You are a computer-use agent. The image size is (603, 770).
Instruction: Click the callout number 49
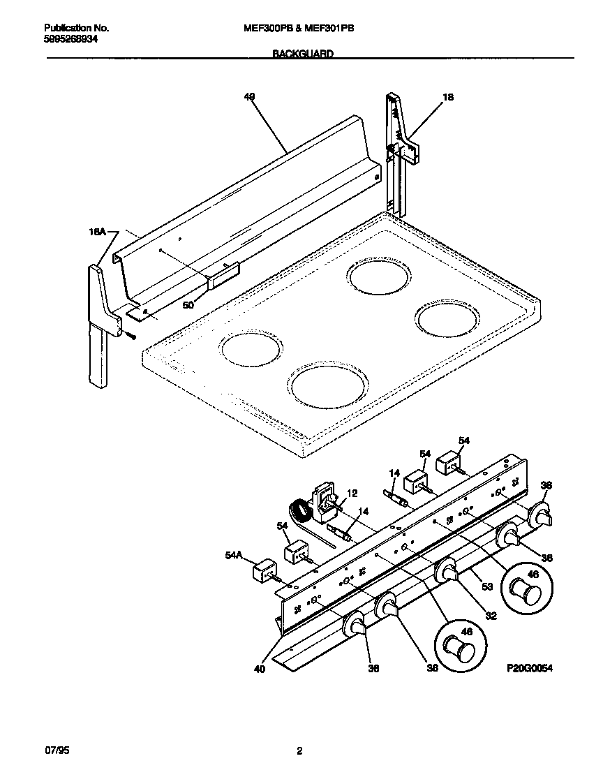[x=250, y=97]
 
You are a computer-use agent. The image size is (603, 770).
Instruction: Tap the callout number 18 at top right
[x=448, y=98]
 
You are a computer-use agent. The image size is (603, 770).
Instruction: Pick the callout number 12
[x=351, y=494]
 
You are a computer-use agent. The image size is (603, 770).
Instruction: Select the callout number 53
[x=486, y=586]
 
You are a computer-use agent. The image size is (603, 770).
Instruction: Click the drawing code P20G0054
[x=529, y=668]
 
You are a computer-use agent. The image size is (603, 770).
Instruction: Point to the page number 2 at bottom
[x=299, y=751]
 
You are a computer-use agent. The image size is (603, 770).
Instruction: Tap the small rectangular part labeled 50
[x=223, y=276]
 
